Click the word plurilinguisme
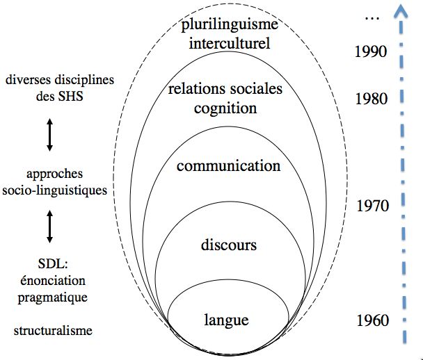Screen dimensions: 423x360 click(x=230, y=26)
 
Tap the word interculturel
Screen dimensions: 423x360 click(x=230, y=43)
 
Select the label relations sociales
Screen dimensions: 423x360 click(x=225, y=89)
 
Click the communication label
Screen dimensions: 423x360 click(x=228, y=165)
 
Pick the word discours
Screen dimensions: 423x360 click(x=229, y=245)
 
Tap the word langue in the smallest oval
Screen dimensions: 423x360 click(x=226, y=320)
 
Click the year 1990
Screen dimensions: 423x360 click(x=371, y=51)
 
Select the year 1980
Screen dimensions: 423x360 click(x=372, y=99)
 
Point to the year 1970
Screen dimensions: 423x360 click(x=373, y=206)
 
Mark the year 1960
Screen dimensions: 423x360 click(x=373, y=320)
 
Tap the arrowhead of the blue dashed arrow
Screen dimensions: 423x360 click(x=401, y=11)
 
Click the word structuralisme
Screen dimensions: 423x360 click(x=53, y=330)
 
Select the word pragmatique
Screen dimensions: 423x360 click(x=53, y=298)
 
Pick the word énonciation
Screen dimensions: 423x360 click(x=53, y=281)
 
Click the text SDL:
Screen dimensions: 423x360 click(x=53, y=263)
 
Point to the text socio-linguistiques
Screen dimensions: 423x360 click(x=55, y=191)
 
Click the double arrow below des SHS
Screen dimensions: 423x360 click(x=49, y=135)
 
